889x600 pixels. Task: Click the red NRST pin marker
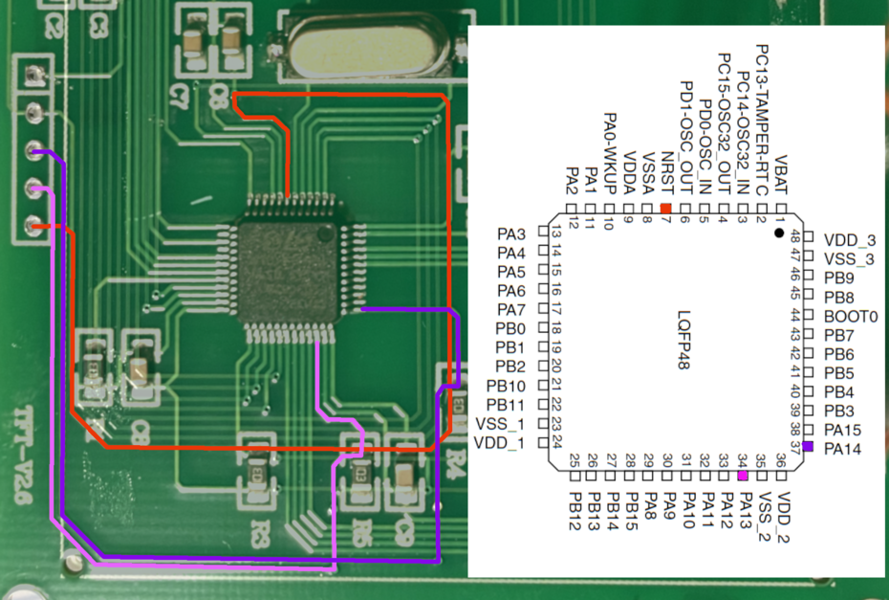pos(666,208)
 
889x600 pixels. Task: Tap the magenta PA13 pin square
pos(743,461)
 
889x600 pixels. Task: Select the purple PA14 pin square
pos(808,447)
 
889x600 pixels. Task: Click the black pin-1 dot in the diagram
pos(779,233)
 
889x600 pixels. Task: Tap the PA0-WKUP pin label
pos(609,155)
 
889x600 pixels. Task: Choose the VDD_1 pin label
pos(498,443)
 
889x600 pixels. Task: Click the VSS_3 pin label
pos(850,259)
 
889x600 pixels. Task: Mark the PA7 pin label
pos(511,309)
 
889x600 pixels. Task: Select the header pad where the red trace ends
pos(34,227)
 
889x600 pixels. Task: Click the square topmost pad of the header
pos(34,75)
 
